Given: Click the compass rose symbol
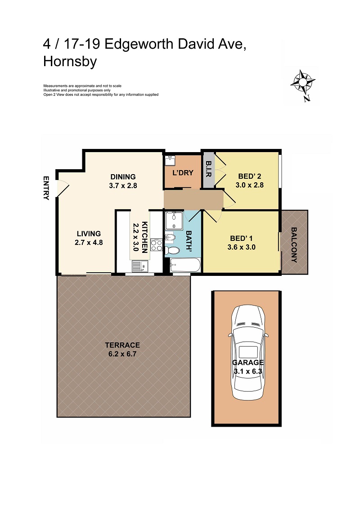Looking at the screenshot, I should click(302, 82).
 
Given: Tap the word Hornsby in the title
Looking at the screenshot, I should click(70, 62).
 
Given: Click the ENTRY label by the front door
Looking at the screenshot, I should click(46, 188).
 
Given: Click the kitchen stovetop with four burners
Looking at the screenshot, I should click(156, 245).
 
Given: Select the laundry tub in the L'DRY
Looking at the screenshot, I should click(170, 159).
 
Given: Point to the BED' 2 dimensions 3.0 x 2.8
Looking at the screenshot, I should click(249, 185).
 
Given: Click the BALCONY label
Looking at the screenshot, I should click(294, 245).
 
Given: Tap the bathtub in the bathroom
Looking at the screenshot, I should click(185, 266).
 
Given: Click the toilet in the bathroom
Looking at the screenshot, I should click(171, 250).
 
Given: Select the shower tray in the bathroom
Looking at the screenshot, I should click(173, 220).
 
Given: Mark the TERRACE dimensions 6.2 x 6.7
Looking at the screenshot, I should click(122, 354).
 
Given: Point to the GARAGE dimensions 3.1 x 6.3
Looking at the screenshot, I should click(248, 371).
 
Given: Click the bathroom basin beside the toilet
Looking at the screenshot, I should click(170, 237).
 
